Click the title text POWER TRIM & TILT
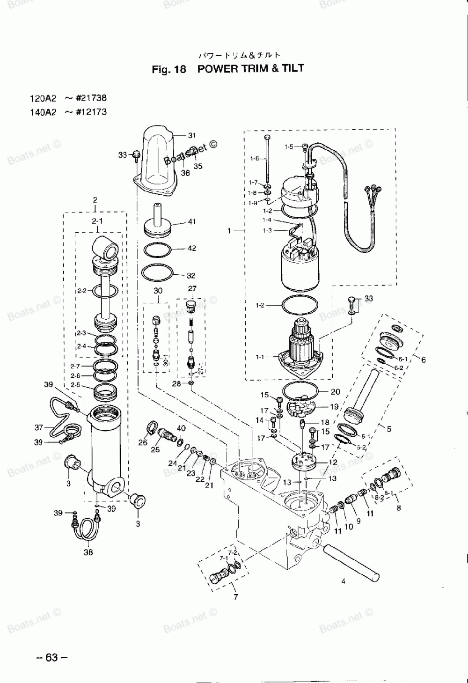251,69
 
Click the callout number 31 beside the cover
192,136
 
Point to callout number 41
192,222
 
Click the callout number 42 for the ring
192,249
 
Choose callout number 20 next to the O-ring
336,392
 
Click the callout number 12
333,462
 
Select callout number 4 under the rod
343,582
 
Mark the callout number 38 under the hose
88,552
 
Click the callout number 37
38,427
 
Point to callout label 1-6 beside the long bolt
254,159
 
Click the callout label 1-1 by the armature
260,357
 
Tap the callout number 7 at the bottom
235,597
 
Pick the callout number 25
155,449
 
